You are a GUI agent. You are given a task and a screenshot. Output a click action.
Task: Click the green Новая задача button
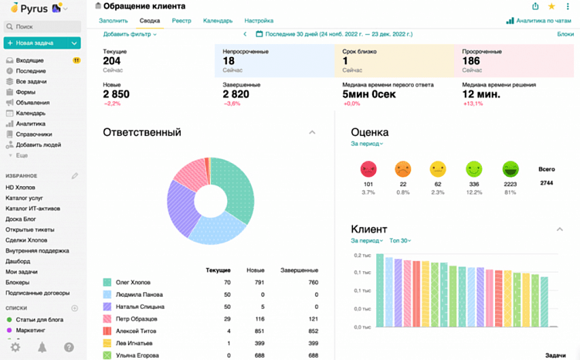(42, 42)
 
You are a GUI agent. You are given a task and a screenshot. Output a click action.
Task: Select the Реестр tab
(181, 21)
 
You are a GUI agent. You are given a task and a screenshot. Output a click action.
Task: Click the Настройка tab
(259, 21)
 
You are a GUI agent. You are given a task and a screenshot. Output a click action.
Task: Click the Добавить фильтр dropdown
(130, 34)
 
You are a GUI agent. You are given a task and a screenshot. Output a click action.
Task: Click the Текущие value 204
(112, 61)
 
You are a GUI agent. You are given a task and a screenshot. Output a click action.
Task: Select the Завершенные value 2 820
(236, 94)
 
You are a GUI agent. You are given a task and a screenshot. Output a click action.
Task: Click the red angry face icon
(368, 168)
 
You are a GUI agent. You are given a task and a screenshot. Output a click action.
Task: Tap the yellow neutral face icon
(438, 168)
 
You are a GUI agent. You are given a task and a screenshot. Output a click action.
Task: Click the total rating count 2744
(546, 182)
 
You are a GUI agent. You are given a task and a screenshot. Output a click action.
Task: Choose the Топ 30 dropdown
(400, 240)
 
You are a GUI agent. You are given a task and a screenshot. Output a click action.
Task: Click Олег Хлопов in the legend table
(134, 283)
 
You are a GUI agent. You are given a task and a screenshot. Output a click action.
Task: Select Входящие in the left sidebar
(29, 60)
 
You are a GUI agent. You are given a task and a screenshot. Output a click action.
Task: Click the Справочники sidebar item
(33, 134)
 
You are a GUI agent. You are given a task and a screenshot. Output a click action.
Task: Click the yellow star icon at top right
(551, 6)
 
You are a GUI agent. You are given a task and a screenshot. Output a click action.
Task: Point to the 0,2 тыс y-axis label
(362, 255)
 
